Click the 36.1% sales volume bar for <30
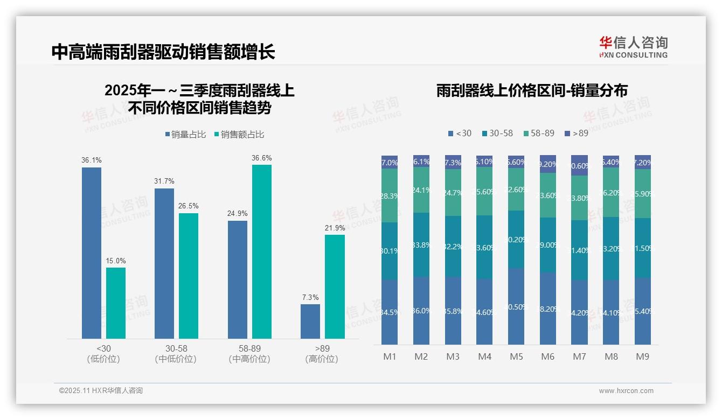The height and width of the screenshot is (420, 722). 92,253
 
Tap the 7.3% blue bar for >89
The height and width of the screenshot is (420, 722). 310,321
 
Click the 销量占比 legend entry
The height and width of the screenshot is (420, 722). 185,135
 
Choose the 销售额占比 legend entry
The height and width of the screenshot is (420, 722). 239,135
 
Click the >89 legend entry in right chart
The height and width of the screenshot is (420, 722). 576,133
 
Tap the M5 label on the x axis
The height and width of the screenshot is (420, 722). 516,356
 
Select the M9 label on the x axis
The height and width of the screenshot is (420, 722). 642,356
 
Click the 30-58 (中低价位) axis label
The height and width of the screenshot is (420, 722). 176,354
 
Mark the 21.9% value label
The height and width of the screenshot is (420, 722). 335,228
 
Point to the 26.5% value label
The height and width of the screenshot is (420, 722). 189,206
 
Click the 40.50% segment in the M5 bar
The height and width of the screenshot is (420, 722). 516,306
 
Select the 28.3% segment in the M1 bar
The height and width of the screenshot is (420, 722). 390,196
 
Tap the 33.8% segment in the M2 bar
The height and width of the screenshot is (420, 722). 421,245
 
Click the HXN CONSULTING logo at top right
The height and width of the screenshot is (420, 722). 633,47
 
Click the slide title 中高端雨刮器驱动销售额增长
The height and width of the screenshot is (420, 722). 163,52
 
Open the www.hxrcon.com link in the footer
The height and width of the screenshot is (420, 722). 626,391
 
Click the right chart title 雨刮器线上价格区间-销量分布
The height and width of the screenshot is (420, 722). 532,91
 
